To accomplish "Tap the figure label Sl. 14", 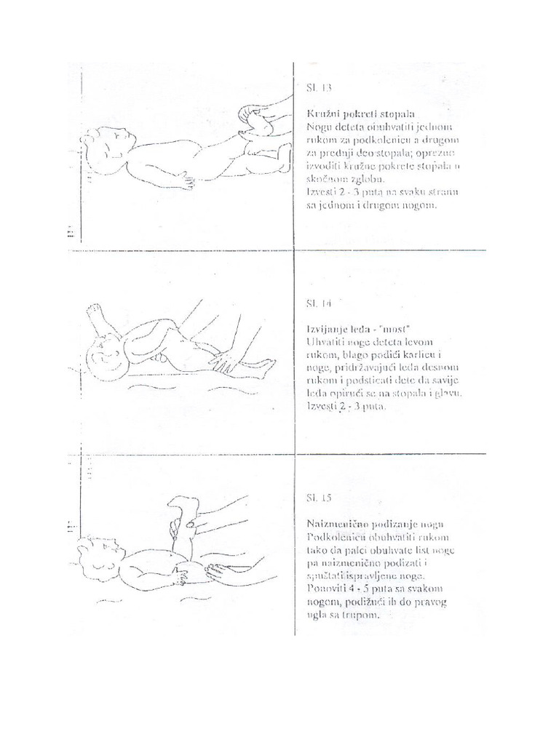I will (318, 301).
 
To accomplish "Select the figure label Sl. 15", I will (317, 498).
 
